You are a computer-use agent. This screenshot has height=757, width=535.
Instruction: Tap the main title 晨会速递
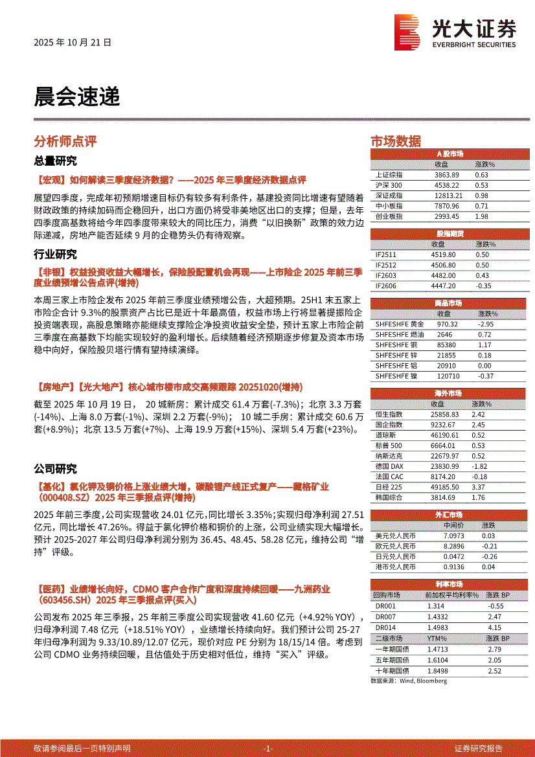pos(76,97)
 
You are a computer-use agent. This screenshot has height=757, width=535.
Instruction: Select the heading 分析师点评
pos(65,141)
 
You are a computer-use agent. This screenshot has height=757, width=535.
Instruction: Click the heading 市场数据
pos(395,141)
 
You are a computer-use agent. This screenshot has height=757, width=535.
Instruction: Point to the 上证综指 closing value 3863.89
pos(446,175)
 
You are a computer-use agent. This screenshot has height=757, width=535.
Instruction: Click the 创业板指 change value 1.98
pos(481,216)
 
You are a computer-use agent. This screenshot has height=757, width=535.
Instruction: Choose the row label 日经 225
pos(389,487)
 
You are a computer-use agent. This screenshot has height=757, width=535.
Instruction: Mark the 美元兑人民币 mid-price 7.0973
pos(453,536)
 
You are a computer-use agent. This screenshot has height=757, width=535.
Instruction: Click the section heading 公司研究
pos(55,469)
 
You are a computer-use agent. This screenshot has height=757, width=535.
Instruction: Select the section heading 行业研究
pos(55,254)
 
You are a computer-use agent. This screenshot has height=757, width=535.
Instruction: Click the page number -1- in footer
pos(268,748)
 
